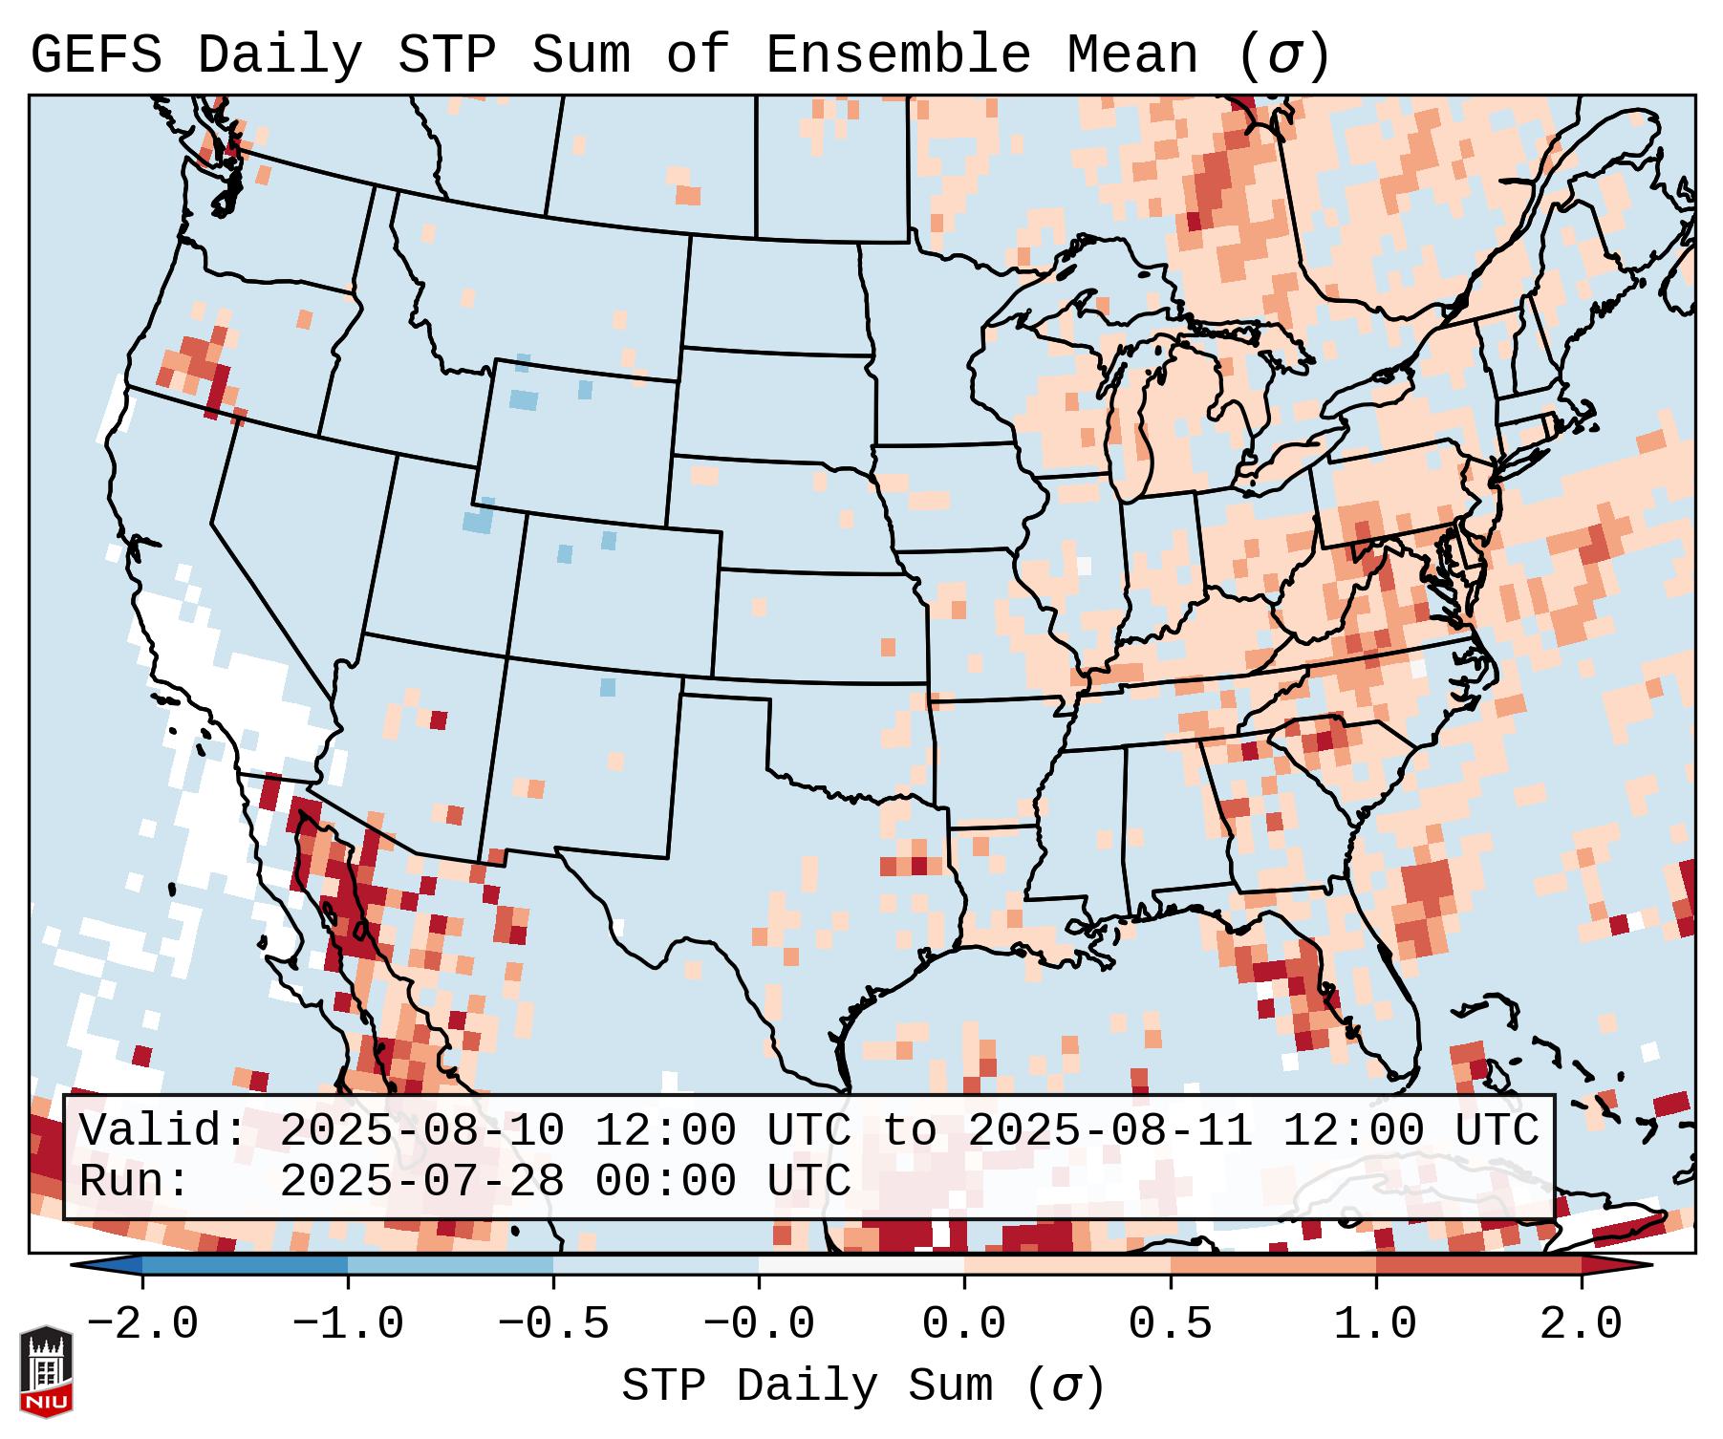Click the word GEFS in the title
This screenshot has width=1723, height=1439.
[96, 54]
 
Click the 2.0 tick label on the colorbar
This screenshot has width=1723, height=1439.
[1581, 1324]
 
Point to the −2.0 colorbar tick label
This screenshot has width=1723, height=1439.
[142, 1324]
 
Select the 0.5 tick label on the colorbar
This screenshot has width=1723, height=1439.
[1170, 1324]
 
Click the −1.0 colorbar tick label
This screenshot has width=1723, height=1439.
[348, 1324]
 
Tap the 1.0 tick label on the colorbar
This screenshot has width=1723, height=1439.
[1375, 1324]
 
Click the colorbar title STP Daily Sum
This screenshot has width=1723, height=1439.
[808, 1385]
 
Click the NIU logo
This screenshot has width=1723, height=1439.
[46, 1371]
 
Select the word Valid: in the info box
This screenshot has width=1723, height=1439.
[162, 1130]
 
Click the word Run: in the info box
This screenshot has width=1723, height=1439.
[134, 1181]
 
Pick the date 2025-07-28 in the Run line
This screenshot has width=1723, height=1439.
[421, 1181]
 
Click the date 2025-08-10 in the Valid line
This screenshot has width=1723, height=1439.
[421, 1130]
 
